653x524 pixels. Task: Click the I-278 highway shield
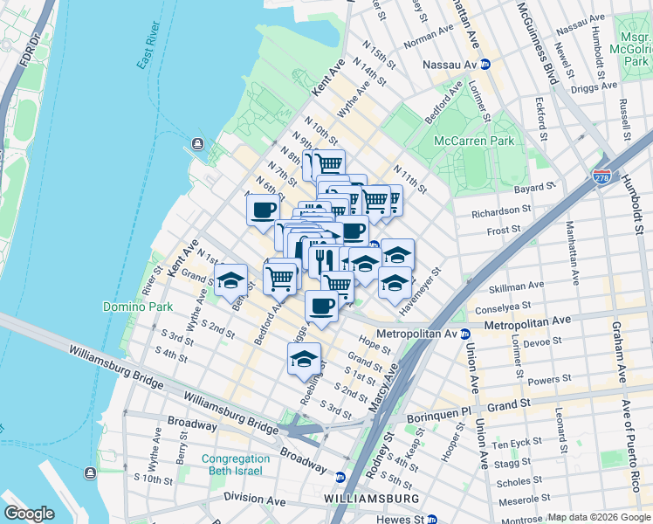coord(601,177)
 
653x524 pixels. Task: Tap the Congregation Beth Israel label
coord(235,465)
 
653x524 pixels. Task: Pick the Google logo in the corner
coord(29,514)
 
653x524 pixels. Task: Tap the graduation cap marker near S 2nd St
coord(304,359)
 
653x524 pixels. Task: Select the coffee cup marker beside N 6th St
coord(264,210)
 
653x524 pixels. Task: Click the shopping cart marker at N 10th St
coord(329,163)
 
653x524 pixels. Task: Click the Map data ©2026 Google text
coord(599,517)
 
